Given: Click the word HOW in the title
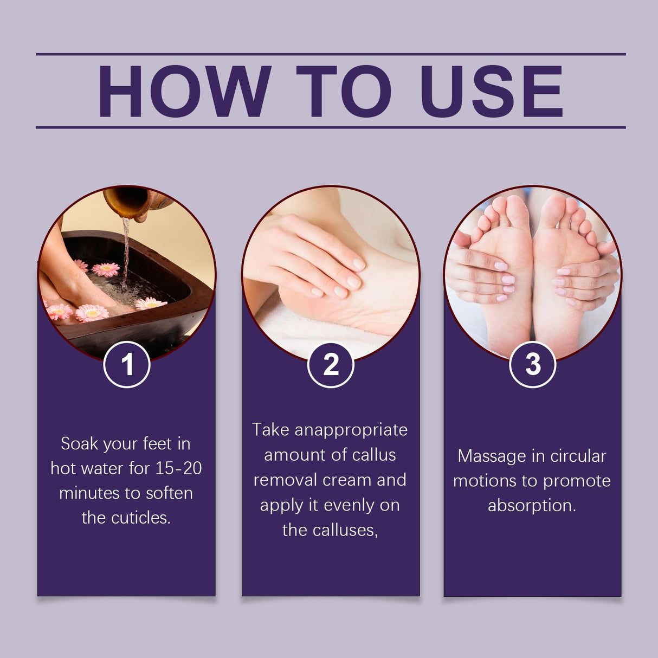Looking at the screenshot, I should (x=184, y=91).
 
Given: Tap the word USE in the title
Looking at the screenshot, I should (x=491, y=91).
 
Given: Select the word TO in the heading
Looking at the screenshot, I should (x=344, y=91).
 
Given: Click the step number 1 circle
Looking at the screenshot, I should (x=127, y=364).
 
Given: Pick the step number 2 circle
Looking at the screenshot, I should (x=331, y=364).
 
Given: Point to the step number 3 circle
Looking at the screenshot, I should (x=533, y=364).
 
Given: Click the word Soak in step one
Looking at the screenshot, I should (x=79, y=443).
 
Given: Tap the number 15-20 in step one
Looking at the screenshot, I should (x=178, y=468).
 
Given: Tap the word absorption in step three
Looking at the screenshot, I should (x=531, y=505).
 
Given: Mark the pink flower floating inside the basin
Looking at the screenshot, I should (x=106, y=269).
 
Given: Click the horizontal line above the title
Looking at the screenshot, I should (x=331, y=54).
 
